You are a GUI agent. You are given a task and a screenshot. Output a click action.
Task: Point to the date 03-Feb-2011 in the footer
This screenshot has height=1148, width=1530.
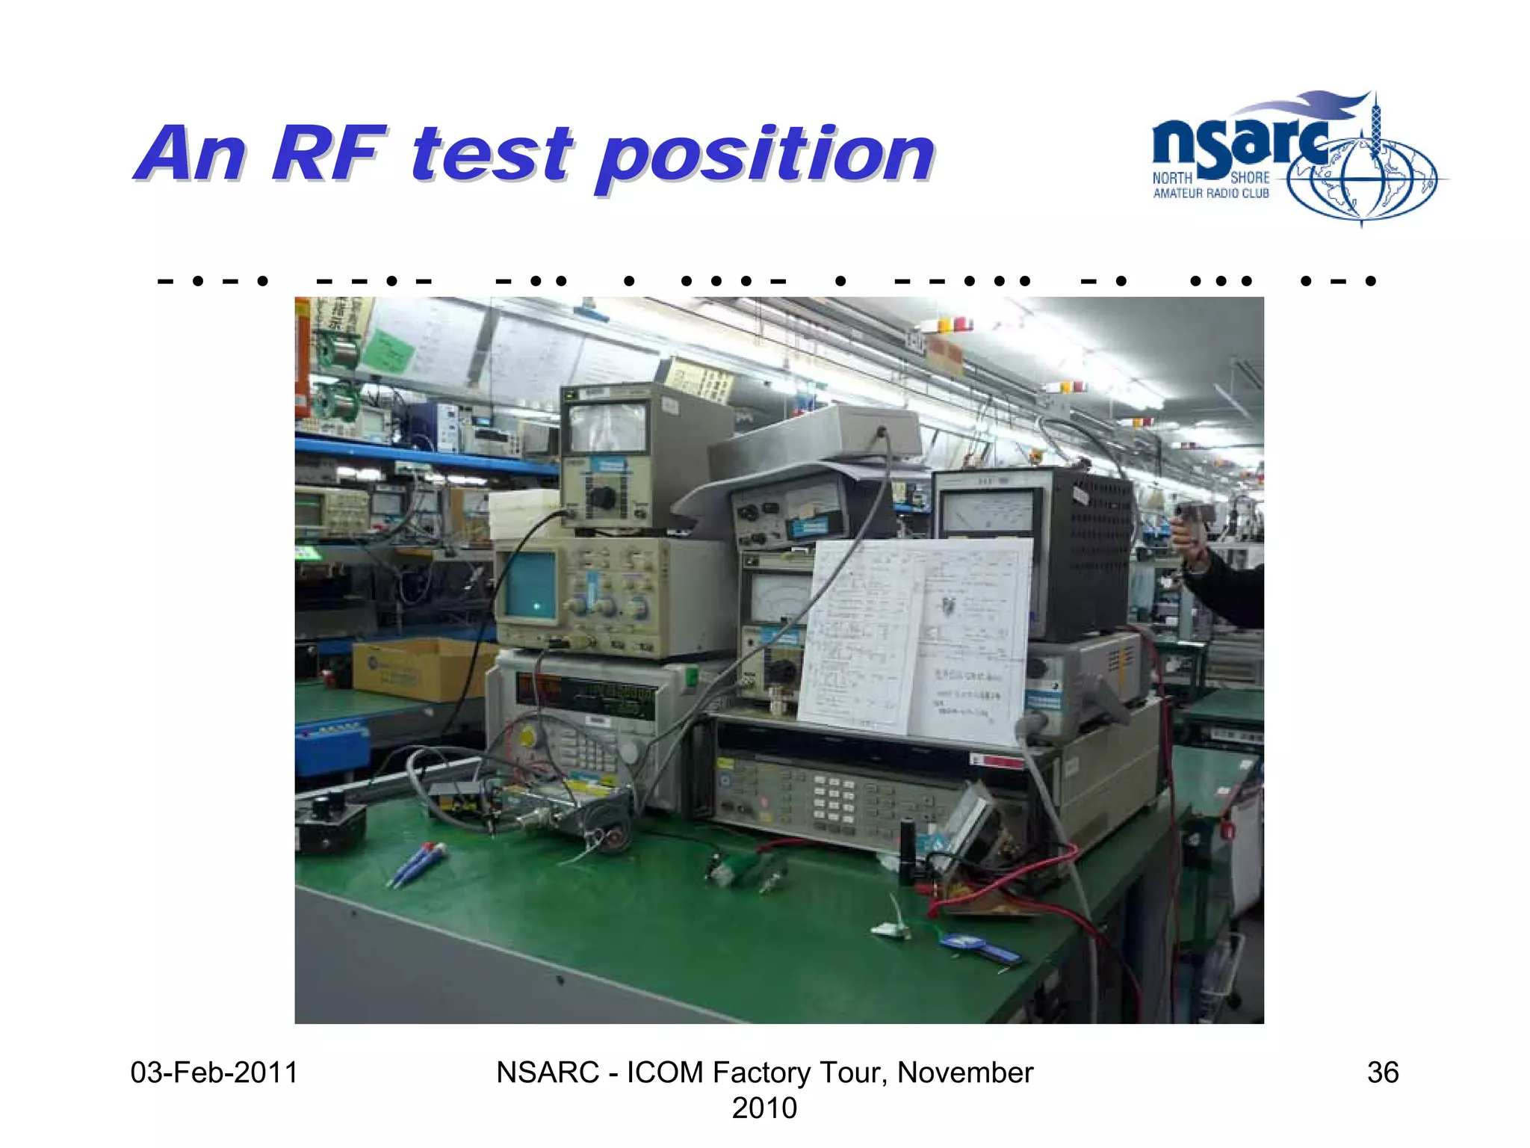(214, 1073)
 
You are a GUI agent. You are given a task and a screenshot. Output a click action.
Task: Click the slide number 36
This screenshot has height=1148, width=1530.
(1382, 1073)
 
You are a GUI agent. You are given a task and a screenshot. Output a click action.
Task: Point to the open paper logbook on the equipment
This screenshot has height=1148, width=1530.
(915, 639)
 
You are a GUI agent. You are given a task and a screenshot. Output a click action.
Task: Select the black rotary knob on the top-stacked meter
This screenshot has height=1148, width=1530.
(602, 496)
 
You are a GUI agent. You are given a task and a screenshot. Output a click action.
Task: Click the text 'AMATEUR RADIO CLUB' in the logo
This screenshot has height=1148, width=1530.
(1210, 194)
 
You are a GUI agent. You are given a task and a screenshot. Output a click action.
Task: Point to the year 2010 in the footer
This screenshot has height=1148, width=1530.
(764, 1108)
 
